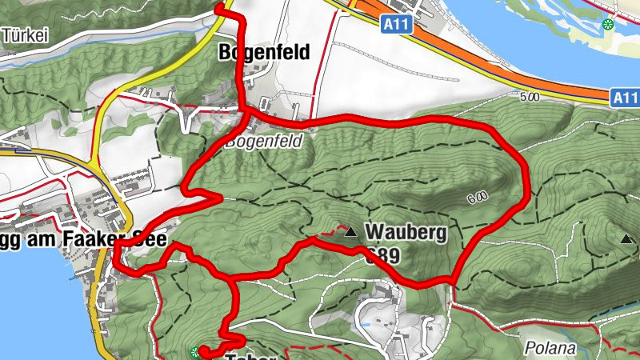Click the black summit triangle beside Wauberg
(x=350, y=234)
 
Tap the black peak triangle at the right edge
(x=626, y=238)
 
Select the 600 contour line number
(x=474, y=198)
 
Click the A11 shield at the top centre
(x=396, y=25)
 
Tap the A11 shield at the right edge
(x=626, y=98)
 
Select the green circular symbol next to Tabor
(x=196, y=351)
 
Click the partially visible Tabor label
(x=252, y=357)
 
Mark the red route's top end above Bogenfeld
(x=219, y=7)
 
